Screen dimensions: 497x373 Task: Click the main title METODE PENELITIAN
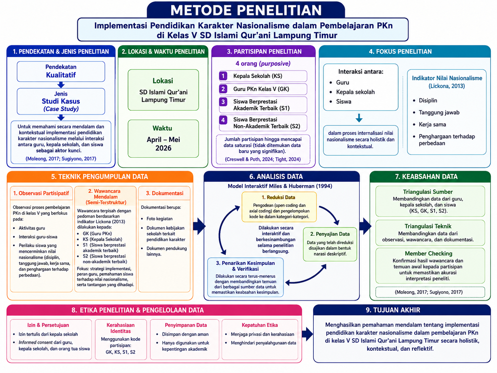pos(246,10)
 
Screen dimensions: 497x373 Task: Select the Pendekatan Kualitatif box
pos(61,71)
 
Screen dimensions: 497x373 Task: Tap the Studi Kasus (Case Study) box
pos(61,101)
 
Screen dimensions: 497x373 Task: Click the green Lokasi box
pos(163,90)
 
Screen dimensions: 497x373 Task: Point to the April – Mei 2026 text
pos(163,144)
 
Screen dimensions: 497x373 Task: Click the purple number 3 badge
pos(223,102)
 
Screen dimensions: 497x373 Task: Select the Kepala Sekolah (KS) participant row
pos(263,76)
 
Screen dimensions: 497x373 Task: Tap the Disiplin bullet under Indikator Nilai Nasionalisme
pos(428,100)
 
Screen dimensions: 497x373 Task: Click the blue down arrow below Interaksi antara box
pos(359,118)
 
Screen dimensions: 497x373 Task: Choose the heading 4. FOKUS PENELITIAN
pos(400,52)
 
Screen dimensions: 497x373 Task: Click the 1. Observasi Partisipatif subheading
pos(41,193)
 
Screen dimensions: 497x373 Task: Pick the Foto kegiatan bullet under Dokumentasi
pos(159,218)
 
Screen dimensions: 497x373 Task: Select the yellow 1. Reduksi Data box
pos(279,207)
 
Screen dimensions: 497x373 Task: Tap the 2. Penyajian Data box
pos(330,244)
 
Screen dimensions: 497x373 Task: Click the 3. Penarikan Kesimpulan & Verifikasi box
pos(245,277)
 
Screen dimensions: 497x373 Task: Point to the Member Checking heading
pos(428,253)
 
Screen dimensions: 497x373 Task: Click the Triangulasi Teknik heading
pos(428,226)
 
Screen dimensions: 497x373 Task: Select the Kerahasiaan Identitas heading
pos(120,328)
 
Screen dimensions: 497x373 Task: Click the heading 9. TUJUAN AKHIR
pos(393,310)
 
